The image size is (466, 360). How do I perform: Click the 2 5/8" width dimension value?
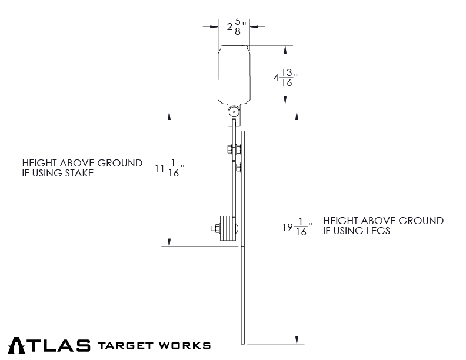[234, 27]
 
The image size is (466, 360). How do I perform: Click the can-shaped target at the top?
[234, 74]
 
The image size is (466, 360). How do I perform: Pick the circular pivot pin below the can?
[234, 111]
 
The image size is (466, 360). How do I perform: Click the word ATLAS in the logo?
[49, 345]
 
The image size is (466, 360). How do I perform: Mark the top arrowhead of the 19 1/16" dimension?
[297, 116]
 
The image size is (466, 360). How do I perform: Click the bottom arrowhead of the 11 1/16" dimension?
[170, 242]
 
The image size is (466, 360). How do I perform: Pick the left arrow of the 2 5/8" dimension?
[215, 26]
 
